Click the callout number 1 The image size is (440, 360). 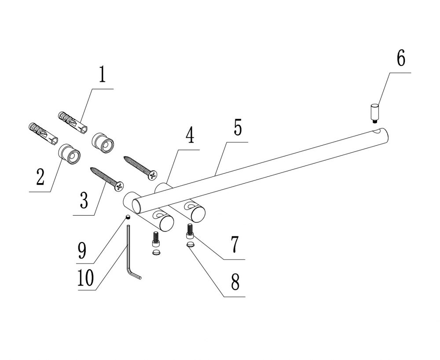tap(102, 75)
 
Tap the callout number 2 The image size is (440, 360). tap(40, 177)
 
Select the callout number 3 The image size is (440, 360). tap(84, 200)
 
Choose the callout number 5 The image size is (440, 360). tap(237, 128)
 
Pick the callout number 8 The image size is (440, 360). tap(235, 282)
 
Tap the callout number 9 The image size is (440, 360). tap(82, 250)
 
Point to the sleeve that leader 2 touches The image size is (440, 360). tap(70, 153)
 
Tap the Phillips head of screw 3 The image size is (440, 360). tap(119, 187)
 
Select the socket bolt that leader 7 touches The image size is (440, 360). tap(190, 231)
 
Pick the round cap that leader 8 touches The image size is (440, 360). tap(190, 245)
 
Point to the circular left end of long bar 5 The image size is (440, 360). tap(140, 204)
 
